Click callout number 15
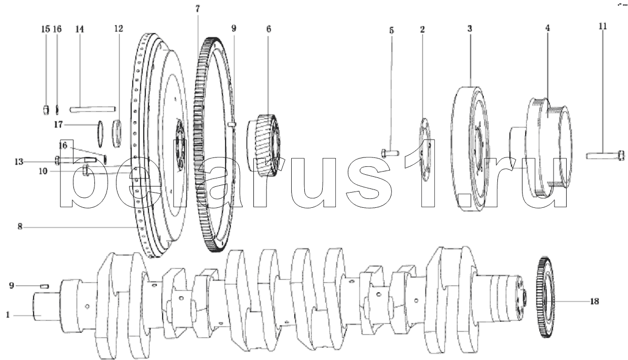point(46,29)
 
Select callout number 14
point(79,29)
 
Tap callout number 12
point(118,29)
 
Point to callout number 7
point(197,8)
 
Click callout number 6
point(269,29)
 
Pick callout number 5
point(391,30)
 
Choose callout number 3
point(470,29)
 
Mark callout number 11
point(603,26)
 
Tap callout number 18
point(595,301)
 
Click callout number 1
point(8,315)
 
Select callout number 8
point(20,227)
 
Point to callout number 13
point(19,162)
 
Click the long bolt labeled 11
point(605,155)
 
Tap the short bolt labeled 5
point(388,153)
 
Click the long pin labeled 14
point(93,109)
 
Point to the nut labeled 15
point(46,109)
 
